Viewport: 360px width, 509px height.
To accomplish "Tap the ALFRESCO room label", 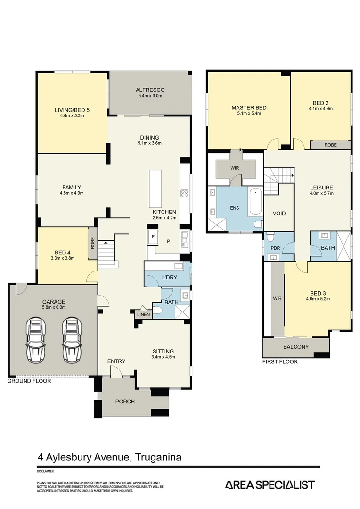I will point(149,90).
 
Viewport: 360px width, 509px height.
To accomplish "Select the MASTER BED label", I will point(249,107).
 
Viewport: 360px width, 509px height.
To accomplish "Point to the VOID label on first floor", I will point(279,213).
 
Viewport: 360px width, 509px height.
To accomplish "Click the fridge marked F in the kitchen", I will point(154,237).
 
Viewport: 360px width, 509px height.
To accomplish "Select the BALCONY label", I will point(296,347).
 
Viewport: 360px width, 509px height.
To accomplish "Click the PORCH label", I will point(125,402).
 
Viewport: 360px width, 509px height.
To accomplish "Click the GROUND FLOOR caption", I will point(29,381).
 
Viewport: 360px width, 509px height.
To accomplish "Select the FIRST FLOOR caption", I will point(280,362).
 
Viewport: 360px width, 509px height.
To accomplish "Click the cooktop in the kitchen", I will point(185,193).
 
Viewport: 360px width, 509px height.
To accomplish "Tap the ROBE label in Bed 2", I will point(330,145).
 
